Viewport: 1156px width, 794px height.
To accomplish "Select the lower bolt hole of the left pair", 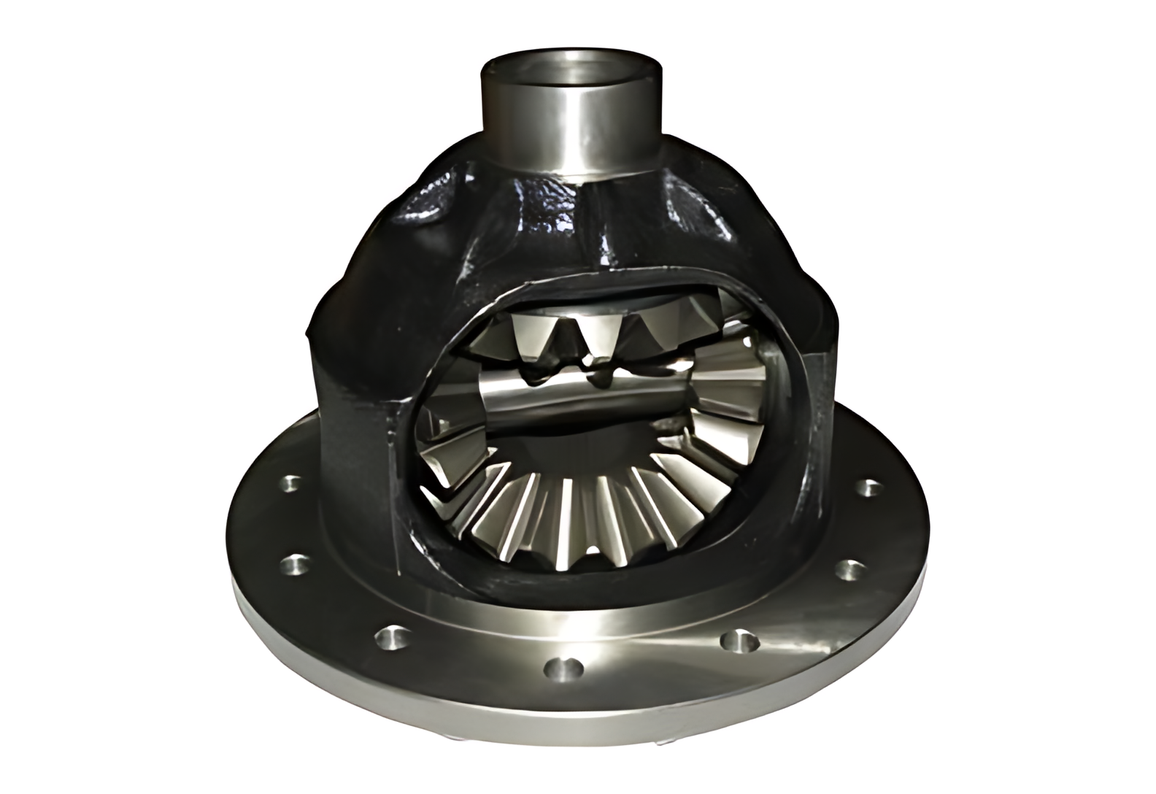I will (296, 563).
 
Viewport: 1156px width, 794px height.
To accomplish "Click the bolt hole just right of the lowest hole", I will (739, 641).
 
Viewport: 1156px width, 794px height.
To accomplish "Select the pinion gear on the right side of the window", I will (730, 379).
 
